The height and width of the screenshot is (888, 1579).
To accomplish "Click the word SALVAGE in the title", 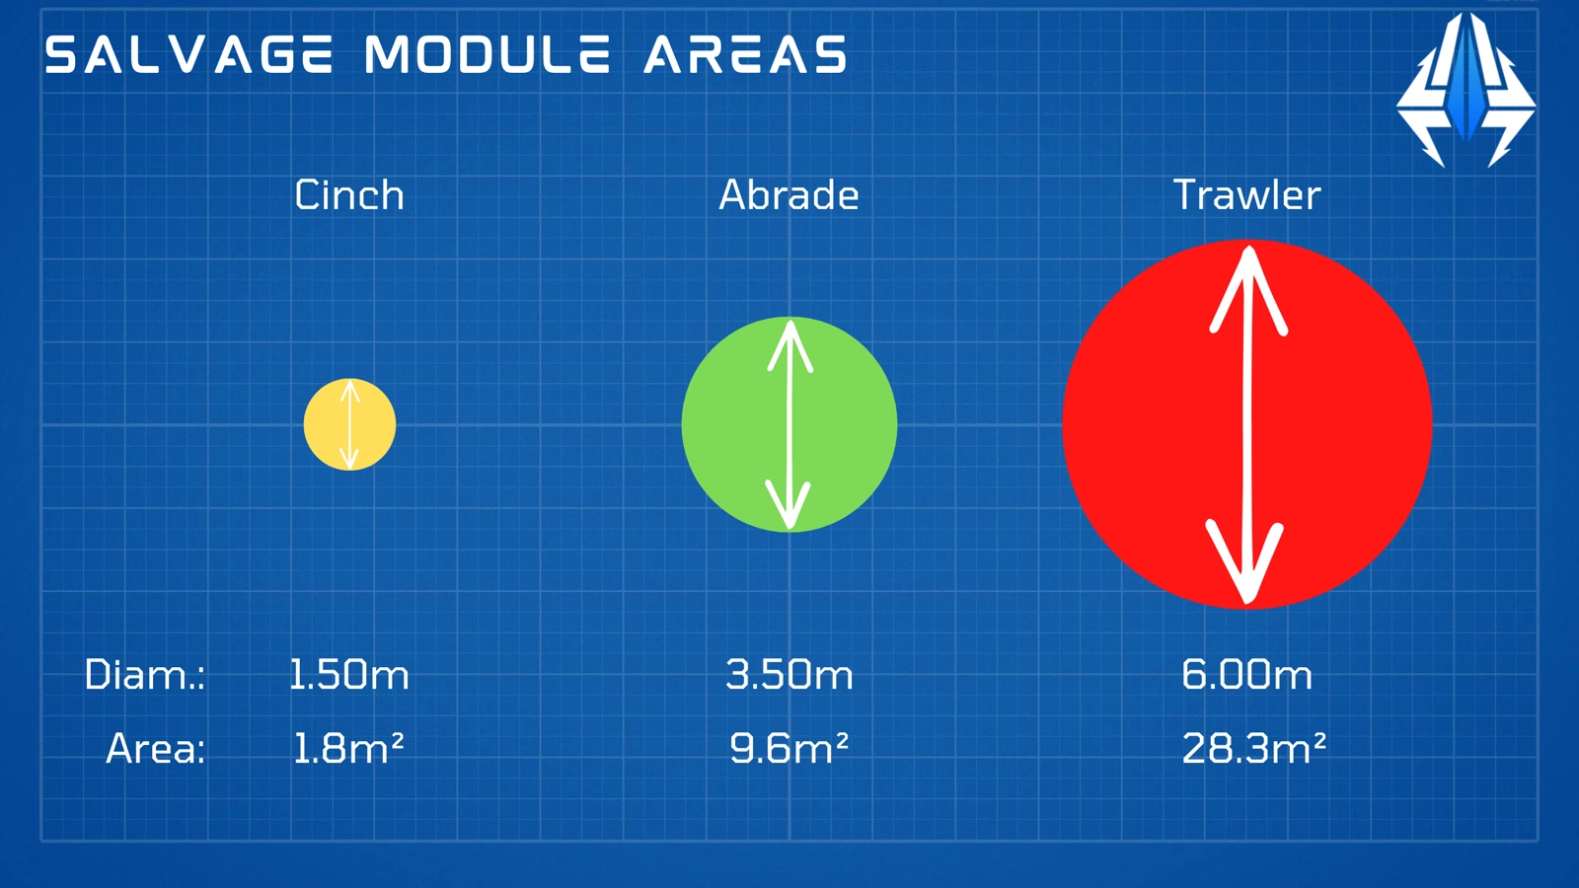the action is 188,54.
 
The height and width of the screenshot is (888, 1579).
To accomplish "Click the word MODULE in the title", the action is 488,54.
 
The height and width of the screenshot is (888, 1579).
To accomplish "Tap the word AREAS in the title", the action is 745,54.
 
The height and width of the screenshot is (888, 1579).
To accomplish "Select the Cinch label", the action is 349,194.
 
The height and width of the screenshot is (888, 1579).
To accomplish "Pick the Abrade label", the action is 789,194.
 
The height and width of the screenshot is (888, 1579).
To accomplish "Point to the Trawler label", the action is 1247,194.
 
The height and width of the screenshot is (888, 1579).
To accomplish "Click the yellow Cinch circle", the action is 349,424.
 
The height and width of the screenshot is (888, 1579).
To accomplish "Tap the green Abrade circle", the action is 789,424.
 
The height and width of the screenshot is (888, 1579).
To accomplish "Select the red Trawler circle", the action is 1247,423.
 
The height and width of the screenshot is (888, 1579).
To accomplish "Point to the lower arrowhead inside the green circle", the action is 789,504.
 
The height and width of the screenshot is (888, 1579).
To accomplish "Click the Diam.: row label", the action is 144,675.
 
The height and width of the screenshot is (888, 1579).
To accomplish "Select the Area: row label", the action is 155,749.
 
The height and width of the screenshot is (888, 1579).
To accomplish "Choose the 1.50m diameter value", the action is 349,675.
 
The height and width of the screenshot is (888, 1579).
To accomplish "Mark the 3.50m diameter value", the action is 789,675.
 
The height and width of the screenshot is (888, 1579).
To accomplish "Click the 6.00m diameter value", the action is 1247,675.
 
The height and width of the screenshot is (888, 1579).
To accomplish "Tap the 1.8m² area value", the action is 348,748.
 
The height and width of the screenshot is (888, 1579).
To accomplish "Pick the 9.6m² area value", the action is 789,748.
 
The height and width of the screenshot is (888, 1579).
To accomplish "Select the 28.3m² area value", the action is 1254,748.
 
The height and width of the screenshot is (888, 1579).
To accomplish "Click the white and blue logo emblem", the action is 1466,90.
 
